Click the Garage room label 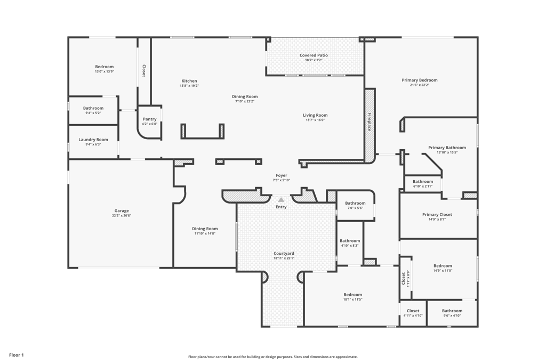coord(122,211)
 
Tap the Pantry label coord(150,119)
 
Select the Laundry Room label coord(93,140)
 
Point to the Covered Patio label coord(314,55)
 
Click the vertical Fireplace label coord(369,122)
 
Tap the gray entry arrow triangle coord(281,200)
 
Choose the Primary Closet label coord(437,214)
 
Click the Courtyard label coord(284,253)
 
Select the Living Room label coord(315,115)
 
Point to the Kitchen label coord(189,80)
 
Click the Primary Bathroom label coord(447,148)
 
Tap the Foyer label coord(282,175)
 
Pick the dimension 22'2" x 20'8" coord(122,215)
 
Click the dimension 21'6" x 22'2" coord(420,85)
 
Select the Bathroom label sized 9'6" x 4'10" coord(452,311)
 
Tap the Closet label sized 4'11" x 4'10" coord(413,311)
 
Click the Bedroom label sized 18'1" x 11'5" coord(353,294)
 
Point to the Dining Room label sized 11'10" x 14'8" coord(205,229)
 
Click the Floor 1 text coord(17,355)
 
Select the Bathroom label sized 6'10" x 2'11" coord(423,181)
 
